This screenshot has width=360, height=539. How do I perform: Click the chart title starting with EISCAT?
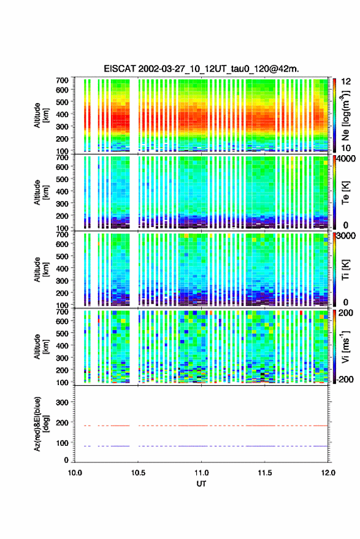pos(202,69)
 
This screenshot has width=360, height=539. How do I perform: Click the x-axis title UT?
pos(202,484)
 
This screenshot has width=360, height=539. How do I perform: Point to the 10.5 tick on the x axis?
pos(138,473)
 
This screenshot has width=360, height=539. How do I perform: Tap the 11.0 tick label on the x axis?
pos(202,473)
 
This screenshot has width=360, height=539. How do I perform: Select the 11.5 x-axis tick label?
pos(265,473)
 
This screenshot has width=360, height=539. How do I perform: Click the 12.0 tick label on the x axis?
pos(328,473)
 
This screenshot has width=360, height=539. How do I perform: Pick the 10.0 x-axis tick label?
pos(75,473)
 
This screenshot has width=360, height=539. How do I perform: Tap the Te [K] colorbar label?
pos(345,193)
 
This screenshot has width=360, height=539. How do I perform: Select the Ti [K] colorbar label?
pos(345,270)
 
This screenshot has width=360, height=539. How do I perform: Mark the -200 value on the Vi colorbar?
pos(345,380)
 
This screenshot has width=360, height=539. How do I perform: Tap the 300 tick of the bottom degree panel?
pos(62,402)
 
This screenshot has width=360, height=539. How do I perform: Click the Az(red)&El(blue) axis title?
pos(41,424)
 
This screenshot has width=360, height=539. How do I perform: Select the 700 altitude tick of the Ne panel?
pos(62,80)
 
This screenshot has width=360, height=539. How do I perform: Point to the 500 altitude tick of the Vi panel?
pos(62,334)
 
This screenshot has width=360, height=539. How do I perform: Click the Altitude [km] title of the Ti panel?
pos(41,270)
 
